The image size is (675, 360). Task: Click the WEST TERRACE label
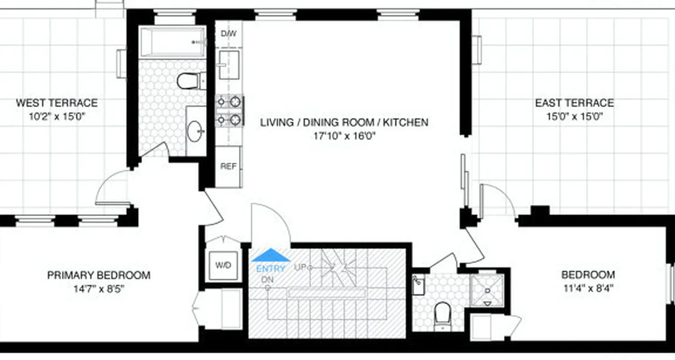tap(57, 103)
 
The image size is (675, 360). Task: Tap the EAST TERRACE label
tap(574, 103)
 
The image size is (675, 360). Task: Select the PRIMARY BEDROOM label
tap(99, 275)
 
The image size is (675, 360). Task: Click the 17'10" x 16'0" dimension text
tap(344, 135)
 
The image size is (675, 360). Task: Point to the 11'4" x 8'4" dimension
tap(588, 288)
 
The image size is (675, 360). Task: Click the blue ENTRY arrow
tap(271, 255)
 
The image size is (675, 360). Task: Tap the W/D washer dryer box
tap(223, 265)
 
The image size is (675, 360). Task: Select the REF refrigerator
tap(228, 166)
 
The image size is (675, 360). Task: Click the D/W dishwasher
tap(229, 34)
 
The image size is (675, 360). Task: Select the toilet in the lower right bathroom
tap(442, 314)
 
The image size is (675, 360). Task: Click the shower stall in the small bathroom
tap(487, 290)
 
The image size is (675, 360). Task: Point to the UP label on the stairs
tap(301, 267)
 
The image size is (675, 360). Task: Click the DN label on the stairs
tap(267, 280)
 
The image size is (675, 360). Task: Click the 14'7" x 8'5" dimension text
tap(99, 288)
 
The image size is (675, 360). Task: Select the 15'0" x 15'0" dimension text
tap(574, 117)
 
